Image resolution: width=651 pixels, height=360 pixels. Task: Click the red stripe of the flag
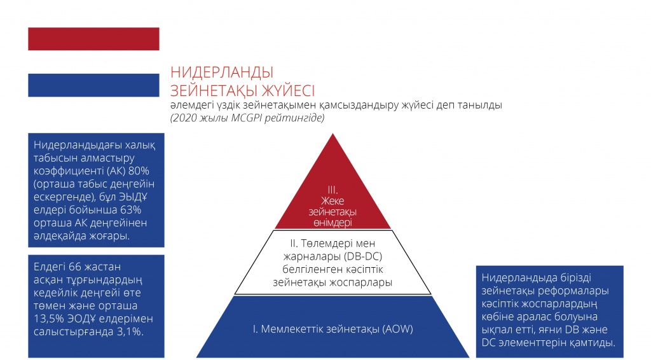click(x=93, y=39)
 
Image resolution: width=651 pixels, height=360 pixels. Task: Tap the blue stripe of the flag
click(x=93, y=85)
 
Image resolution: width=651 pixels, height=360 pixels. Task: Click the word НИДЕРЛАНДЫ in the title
click(x=222, y=73)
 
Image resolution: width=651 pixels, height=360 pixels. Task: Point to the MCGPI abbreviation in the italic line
click(x=247, y=118)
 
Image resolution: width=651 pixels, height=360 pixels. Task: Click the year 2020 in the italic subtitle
click(x=184, y=118)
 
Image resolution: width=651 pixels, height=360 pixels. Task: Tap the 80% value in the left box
click(x=139, y=171)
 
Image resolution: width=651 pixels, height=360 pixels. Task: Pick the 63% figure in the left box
click(x=130, y=210)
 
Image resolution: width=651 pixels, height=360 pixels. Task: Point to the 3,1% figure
click(x=131, y=332)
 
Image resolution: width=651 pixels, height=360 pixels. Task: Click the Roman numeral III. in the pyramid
click(x=332, y=190)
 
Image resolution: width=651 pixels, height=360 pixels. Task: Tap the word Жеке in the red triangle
click(x=332, y=200)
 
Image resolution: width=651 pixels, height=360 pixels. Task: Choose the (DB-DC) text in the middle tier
click(x=362, y=256)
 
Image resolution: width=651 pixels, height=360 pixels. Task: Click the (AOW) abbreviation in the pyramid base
click(x=398, y=329)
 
